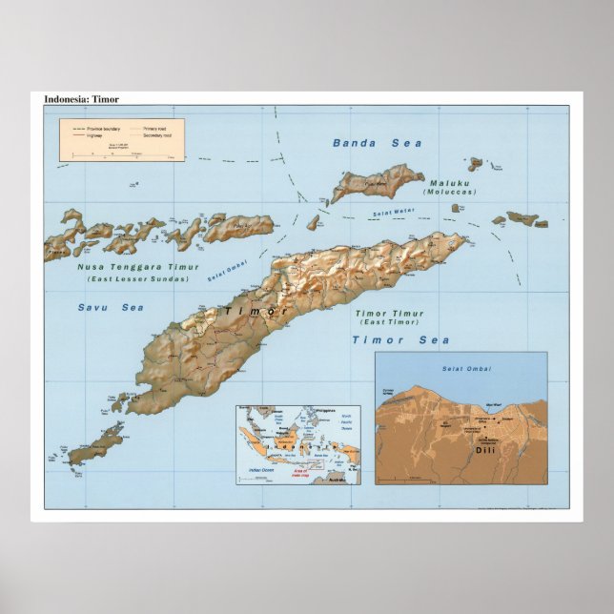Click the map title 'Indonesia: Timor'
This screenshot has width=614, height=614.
coord(82,99)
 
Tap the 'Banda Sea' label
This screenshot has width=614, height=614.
coord(377,143)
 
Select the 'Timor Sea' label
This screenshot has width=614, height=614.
coord(399,339)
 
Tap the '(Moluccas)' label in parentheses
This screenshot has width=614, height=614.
coord(451,193)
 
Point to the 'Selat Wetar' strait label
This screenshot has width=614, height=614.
coord(395,212)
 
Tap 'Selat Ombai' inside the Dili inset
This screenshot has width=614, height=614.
coord(460,368)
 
